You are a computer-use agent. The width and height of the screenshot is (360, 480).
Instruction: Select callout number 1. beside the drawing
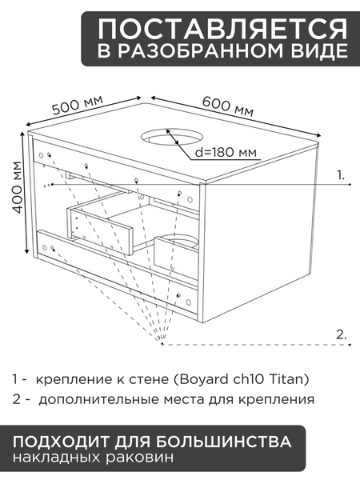[x=341, y=174]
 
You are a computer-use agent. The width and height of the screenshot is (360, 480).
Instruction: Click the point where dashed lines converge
[x=161, y=346]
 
